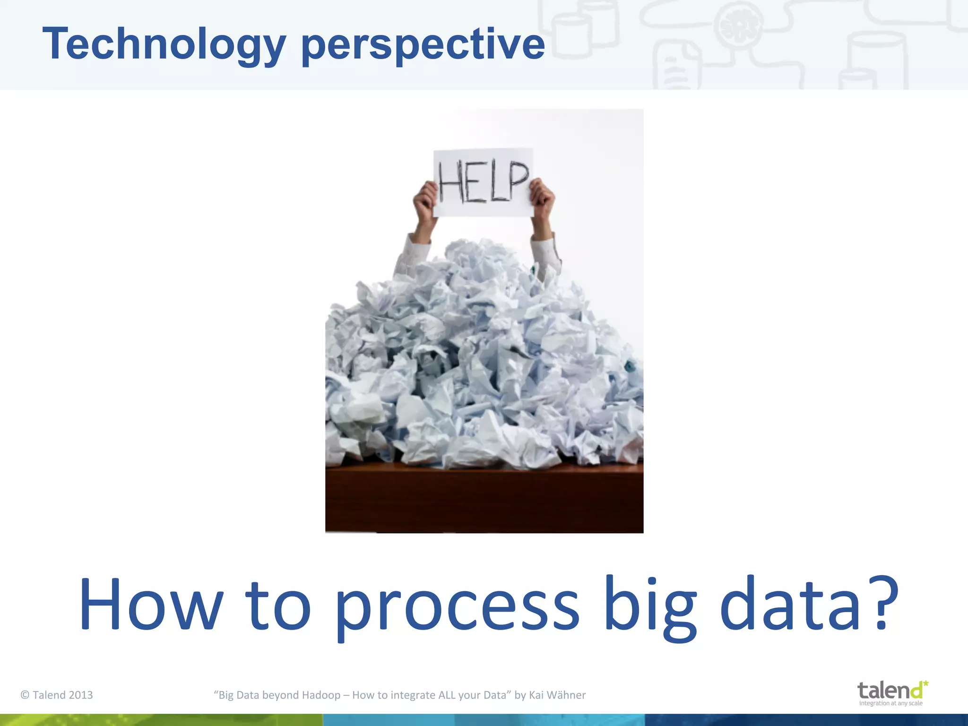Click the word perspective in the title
point(423,44)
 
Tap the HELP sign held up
point(483,182)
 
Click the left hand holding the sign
point(425,201)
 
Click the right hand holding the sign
point(542,199)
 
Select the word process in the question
point(457,605)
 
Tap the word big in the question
point(650,605)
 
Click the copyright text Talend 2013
point(57,695)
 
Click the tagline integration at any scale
point(890,703)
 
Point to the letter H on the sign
point(451,181)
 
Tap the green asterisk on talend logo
point(925,683)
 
